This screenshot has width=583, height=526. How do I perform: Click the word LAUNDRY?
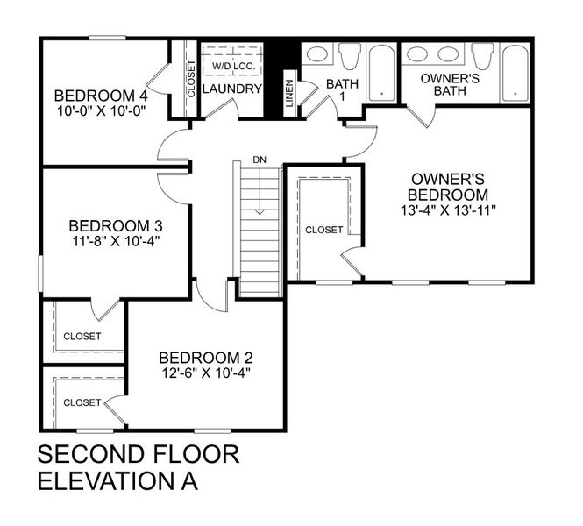click(232, 89)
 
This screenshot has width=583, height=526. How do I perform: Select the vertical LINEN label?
click(290, 96)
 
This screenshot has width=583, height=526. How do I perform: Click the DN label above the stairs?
click(259, 160)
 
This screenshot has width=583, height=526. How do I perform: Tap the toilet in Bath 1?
click(349, 56)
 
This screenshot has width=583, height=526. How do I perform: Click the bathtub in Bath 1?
click(382, 72)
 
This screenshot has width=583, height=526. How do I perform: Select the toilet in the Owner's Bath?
click(482, 55)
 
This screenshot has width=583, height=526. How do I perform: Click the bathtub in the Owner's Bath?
click(515, 73)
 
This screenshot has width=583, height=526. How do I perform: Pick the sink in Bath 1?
click(317, 54)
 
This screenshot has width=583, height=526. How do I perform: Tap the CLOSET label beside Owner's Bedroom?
click(323, 230)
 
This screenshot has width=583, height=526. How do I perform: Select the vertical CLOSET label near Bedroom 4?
click(191, 76)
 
